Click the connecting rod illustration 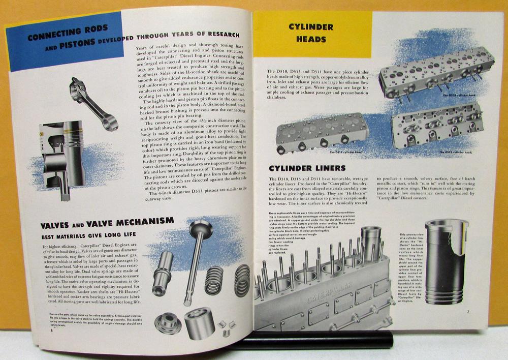(94, 102)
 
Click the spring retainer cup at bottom (199, 323)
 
